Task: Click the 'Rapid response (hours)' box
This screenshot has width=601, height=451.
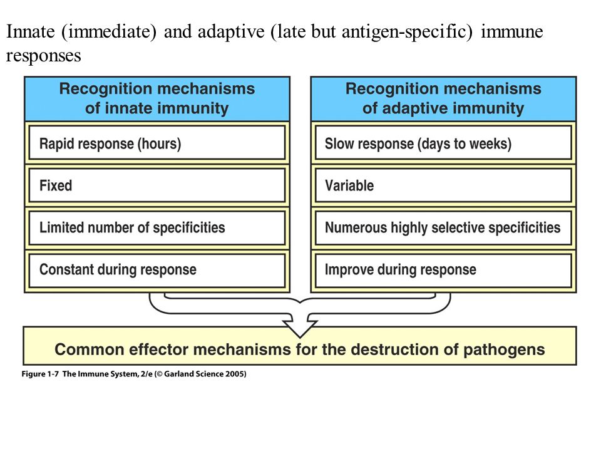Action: (x=157, y=143)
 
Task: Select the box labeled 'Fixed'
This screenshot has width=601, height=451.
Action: (x=157, y=185)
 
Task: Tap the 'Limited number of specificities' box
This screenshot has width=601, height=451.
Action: (x=157, y=227)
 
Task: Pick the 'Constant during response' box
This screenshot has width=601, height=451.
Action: (x=157, y=269)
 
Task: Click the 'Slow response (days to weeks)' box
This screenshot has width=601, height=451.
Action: (x=443, y=143)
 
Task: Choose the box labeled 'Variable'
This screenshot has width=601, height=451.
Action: (x=443, y=185)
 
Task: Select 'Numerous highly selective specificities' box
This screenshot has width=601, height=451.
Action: (x=443, y=227)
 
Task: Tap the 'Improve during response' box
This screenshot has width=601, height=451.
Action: (x=443, y=269)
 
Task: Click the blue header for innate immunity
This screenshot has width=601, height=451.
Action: (x=157, y=99)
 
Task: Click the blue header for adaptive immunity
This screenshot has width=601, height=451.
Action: (x=443, y=99)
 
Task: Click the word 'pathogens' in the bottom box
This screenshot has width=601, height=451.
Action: (x=504, y=350)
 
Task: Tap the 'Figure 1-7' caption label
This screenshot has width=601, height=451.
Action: (x=40, y=374)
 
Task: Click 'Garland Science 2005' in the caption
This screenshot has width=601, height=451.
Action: (x=205, y=374)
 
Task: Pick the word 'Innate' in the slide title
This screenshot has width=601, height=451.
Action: (x=30, y=31)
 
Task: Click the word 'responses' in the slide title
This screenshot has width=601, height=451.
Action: (x=43, y=56)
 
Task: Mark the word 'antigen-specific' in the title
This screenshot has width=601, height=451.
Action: (x=407, y=32)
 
